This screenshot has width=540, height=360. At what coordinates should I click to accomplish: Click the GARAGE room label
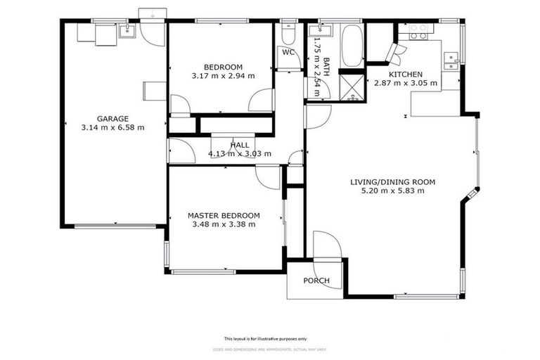click(x=112, y=119)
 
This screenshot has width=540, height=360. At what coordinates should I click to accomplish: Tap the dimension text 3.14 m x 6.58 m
click(x=112, y=128)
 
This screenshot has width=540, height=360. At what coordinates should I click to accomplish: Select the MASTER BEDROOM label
click(x=224, y=215)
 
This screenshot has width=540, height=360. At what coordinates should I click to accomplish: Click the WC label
click(x=288, y=52)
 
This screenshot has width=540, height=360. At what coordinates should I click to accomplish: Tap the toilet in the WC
click(x=288, y=35)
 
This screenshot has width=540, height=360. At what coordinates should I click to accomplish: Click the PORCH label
click(x=316, y=281)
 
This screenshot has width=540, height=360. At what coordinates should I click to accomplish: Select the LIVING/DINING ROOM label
click(x=393, y=182)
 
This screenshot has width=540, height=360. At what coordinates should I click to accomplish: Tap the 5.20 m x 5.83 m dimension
click(x=393, y=191)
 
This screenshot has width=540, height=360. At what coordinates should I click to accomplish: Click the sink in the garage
click(x=128, y=30)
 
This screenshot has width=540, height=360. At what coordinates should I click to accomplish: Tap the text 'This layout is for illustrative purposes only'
click(x=270, y=338)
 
